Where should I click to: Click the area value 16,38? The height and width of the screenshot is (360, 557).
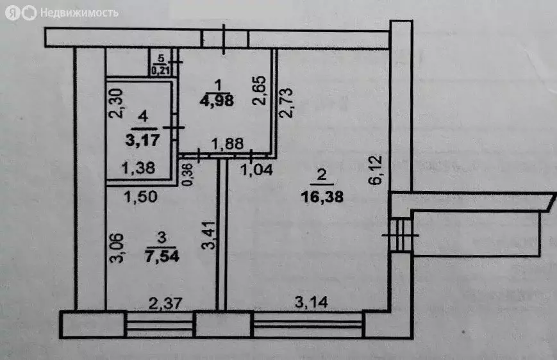tap(322, 196)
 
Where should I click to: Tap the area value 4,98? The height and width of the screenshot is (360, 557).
tap(217, 101)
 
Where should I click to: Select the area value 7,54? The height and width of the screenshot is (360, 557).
tap(162, 256)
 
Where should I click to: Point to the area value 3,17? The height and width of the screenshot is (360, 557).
tap(142, 140)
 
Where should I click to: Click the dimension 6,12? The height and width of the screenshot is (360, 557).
tap(375, 170)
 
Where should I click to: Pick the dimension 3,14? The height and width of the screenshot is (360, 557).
tap(311, 302)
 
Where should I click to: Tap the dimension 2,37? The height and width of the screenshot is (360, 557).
tap(165, 303)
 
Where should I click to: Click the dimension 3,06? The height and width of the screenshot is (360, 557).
tap(116, 248)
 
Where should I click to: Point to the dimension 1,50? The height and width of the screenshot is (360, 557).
tap(140, 196)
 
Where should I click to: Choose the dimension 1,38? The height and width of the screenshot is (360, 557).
tap(138, 168)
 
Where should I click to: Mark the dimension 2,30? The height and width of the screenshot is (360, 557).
tap(116, 103)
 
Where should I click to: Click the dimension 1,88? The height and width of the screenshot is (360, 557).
tap(228, 143)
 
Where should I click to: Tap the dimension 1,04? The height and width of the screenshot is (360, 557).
tap(256, 170)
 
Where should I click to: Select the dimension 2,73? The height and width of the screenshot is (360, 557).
tap(286, 102)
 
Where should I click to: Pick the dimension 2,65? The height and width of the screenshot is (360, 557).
tap(259, 90)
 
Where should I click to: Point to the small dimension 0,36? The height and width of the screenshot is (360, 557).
tap(188, 174)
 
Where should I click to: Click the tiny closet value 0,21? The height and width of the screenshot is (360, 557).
tap(160, 70)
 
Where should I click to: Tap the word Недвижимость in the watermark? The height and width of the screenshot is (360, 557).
tap(79, 13)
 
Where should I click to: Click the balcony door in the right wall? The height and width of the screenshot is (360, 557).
tap(401, 235)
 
